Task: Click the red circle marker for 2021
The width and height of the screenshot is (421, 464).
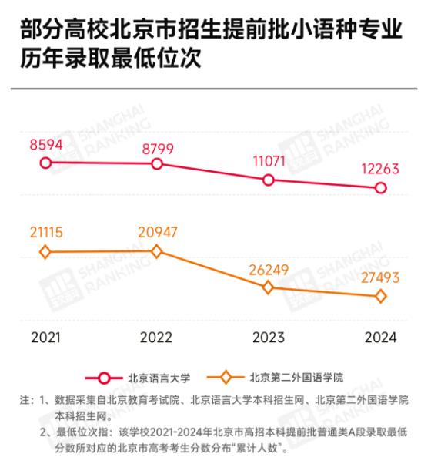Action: pos(45,163)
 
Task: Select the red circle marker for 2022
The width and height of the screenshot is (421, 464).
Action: pos(157,164)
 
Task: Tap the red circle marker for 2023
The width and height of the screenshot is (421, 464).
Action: pos(269,180)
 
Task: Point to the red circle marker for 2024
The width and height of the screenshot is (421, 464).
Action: pos(380,188)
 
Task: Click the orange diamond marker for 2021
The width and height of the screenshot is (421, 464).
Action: pos(45,252)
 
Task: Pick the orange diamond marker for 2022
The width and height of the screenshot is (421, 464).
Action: pos(157,251)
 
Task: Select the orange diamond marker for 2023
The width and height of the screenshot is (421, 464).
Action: pos(269,287)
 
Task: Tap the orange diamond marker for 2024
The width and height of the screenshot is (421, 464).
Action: pos(380,297)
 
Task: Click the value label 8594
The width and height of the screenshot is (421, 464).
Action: pos(46,144)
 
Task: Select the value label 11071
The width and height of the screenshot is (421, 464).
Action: pos(269,161)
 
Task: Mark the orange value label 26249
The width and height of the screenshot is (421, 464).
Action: pos(269,267)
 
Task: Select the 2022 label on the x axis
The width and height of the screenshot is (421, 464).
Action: pos(157,337)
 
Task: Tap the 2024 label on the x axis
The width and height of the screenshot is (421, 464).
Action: pos(380,337)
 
